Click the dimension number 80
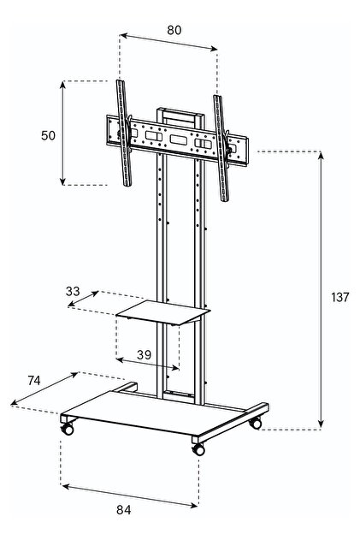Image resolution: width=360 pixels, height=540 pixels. click(174, 30)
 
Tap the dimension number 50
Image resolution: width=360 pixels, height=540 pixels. click(48, 136)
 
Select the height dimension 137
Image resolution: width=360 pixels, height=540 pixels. click(340, 297)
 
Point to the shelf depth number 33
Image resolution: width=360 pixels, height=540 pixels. click(73, 291)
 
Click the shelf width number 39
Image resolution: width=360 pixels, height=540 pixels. click(144, 354)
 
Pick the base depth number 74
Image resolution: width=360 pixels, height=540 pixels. click(34, 381)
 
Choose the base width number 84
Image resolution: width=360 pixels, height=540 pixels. click(123, 510)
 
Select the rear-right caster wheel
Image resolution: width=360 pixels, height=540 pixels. click(256, 423)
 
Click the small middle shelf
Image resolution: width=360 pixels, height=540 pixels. click(163, 312)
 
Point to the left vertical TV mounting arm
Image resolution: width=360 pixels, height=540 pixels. click(124, 133)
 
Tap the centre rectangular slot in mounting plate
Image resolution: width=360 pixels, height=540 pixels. click(178, 139)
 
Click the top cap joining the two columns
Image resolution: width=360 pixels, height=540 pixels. click(180, 112)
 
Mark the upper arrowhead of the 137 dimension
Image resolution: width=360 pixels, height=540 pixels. click(321, 155)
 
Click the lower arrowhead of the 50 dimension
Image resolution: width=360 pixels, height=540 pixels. click(62, 181)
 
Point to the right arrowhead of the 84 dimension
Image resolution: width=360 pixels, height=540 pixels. click(194, 505)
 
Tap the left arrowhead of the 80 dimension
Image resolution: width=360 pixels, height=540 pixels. click(124, 35)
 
